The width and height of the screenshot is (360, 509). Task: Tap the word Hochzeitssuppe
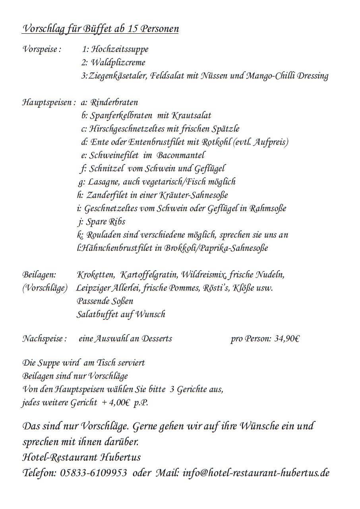tap(120, 50)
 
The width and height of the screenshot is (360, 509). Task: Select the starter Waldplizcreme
tap(118, 63)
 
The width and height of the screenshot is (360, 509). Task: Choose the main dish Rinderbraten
tap(114, 102)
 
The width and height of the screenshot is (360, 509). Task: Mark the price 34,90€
tap(286, 339)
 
